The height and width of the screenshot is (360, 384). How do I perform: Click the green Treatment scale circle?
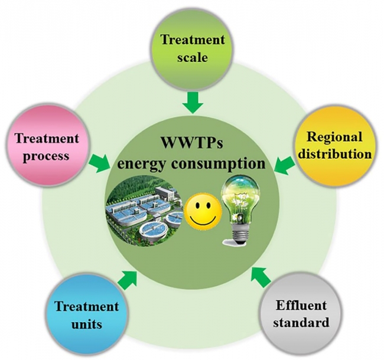click(193, 48)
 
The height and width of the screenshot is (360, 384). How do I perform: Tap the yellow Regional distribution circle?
click(335, 146)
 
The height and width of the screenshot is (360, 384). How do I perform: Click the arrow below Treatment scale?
click(193, 103)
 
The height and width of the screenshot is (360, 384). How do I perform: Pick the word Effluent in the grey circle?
click(301, 306)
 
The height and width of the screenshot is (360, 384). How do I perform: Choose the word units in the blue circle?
click(86, 323)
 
